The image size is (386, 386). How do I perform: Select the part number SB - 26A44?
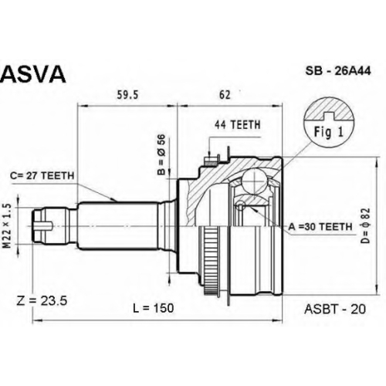point(338,71)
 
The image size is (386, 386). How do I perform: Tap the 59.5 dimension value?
point(127,95)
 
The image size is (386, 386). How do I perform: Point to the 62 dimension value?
point(225,95)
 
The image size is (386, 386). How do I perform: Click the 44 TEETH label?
point(237,125)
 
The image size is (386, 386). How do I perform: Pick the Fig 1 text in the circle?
point(329,132)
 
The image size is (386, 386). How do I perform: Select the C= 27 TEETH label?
point(42,176)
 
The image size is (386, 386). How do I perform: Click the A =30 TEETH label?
point(320,227)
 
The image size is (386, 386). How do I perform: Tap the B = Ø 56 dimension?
point(161,155)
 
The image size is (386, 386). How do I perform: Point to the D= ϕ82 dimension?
point(365,225)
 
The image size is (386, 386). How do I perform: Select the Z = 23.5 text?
point(42,300)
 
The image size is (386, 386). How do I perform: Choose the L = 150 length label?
point(154,308)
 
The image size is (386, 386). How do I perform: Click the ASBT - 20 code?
point(335,309)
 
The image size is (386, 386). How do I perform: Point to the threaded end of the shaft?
point(51,225)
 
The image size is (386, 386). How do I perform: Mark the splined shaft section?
point(117,225)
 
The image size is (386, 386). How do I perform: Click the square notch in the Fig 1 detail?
point(329,116)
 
